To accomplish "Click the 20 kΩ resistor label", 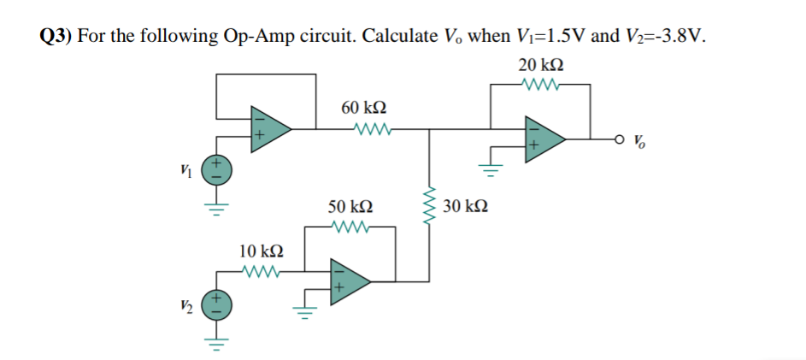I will click(x=541, y=66).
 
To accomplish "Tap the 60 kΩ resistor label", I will click(x=363, y=108).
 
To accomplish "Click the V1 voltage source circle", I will click(x=215, y=168).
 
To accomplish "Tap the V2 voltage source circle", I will click(x=215, y=305).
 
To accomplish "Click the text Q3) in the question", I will click(x=57, y=35).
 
